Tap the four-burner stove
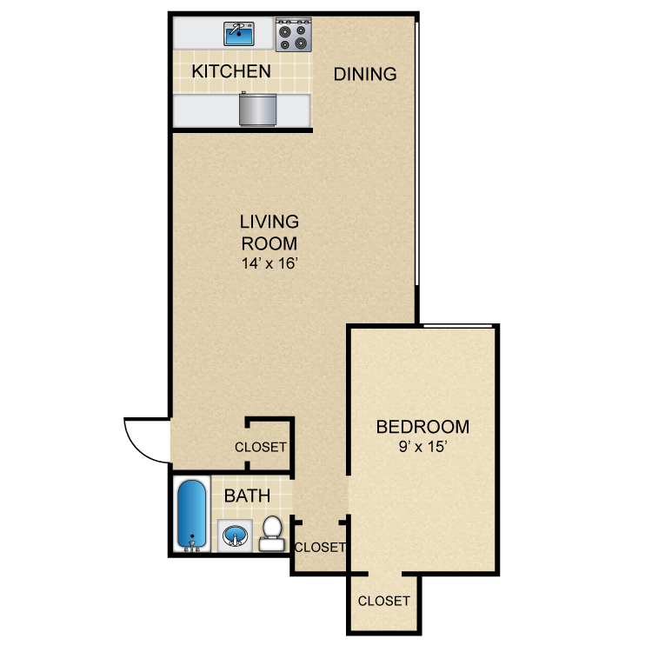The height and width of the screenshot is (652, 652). tap(293, 34)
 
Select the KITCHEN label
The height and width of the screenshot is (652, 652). tap(231, 71)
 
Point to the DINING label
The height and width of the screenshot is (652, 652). tap(365, 74)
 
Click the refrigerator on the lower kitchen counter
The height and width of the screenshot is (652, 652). tap(256, 110)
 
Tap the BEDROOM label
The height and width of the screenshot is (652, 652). tap(422, 427)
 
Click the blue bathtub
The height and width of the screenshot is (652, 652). tap(191, 514)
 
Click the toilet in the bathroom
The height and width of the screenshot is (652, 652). tap(272, 532)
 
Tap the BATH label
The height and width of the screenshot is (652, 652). tap(247, 496)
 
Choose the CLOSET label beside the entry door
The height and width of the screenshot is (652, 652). tap(261, 448)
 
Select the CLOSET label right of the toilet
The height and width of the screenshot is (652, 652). tap(320, 548)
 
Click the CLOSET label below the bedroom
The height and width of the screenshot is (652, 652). tap(383, 601)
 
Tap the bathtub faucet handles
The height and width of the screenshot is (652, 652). tap(191, 548)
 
